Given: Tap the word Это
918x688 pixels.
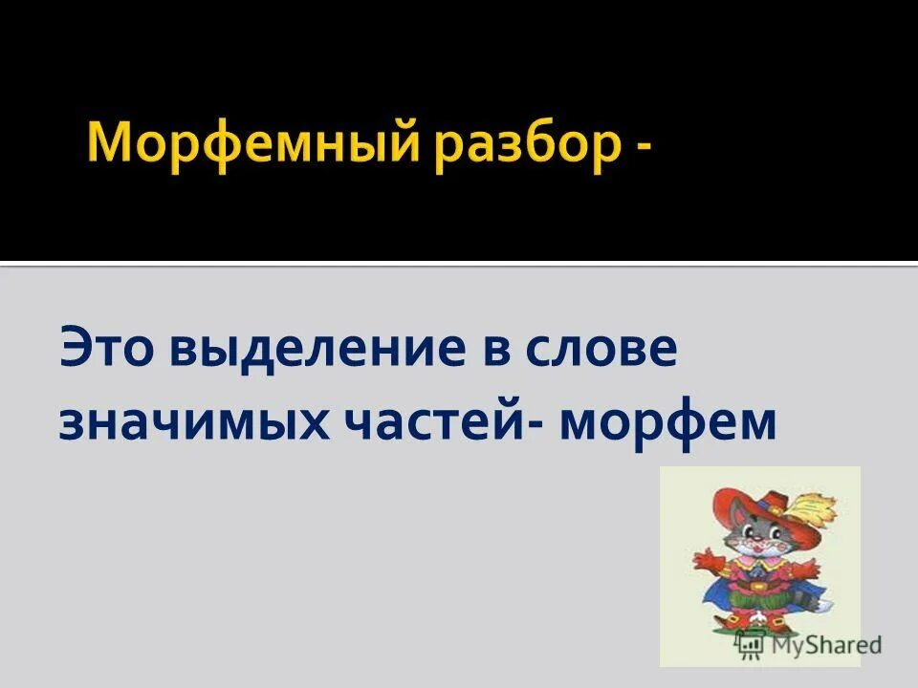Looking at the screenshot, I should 106,349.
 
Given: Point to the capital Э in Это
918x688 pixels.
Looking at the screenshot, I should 76,349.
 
